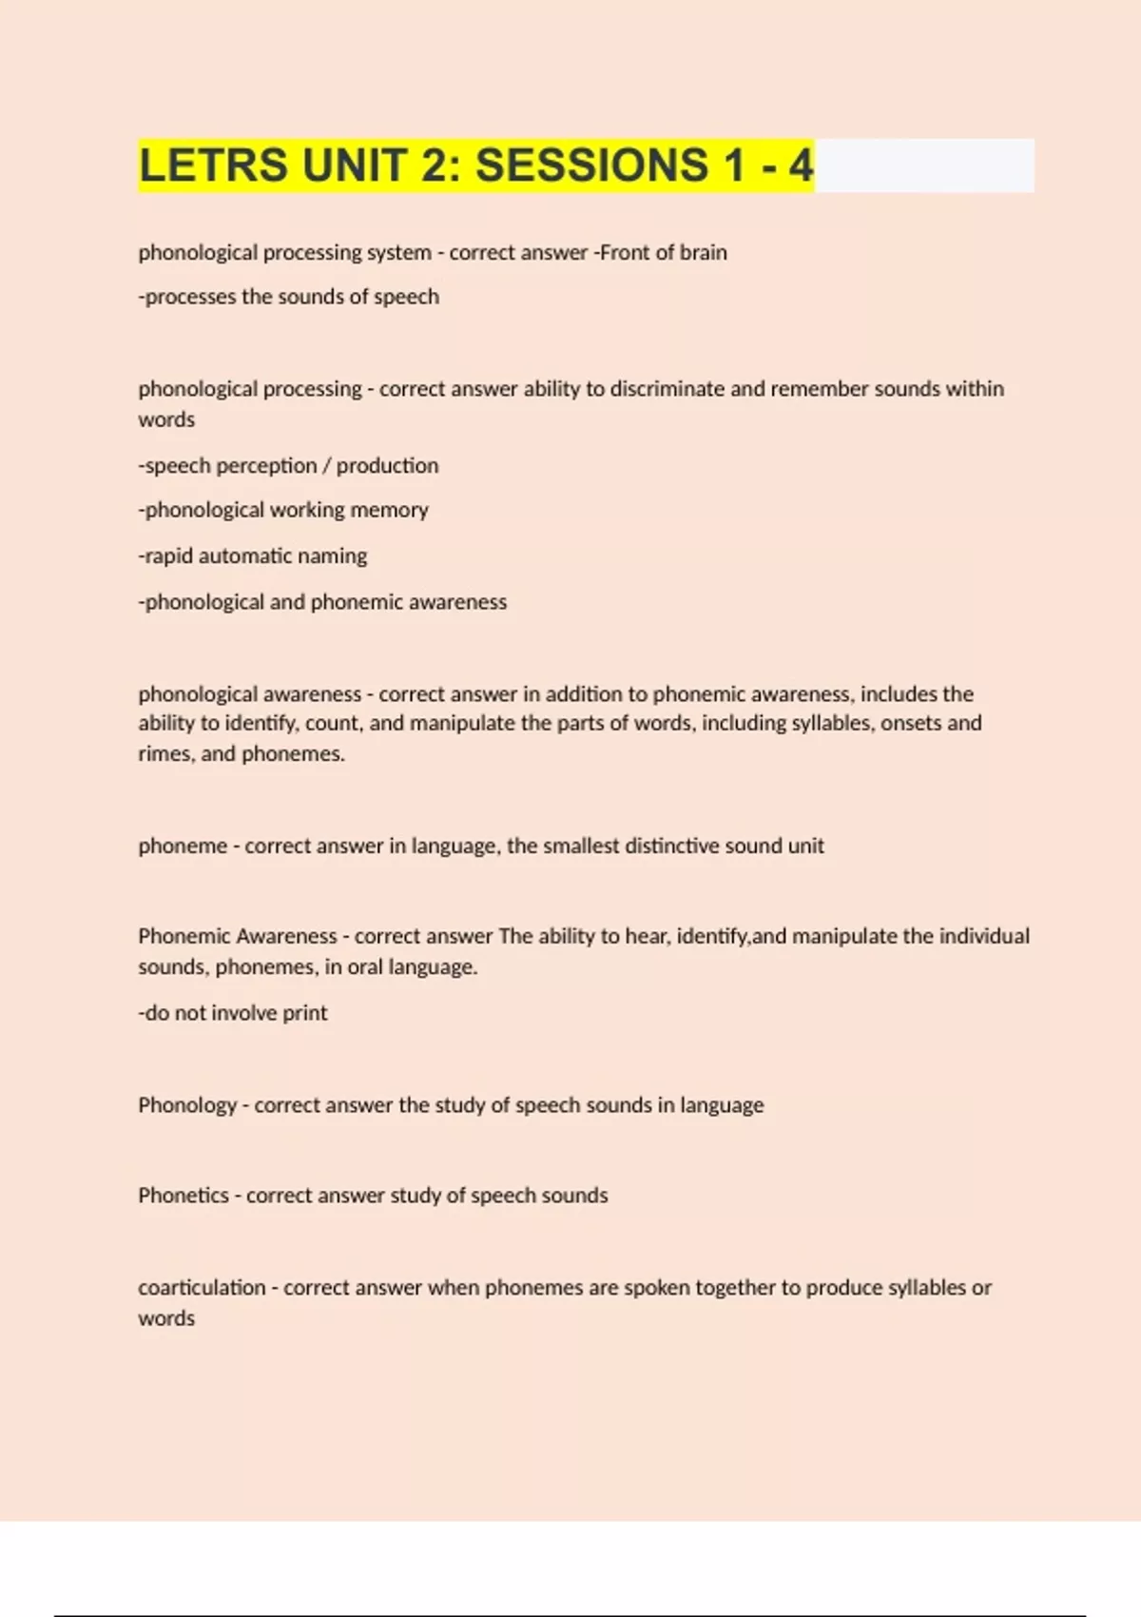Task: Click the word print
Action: pyautogui.click(x=305, y=1014)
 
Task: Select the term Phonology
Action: pyautogui.click(x=187, y=1105)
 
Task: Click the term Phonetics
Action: pyautogui.click(x=184, y=1196)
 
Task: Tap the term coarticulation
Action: pyautogui.click(x=202, y=1288)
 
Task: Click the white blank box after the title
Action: pyautogui.click(x=924, y=166)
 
